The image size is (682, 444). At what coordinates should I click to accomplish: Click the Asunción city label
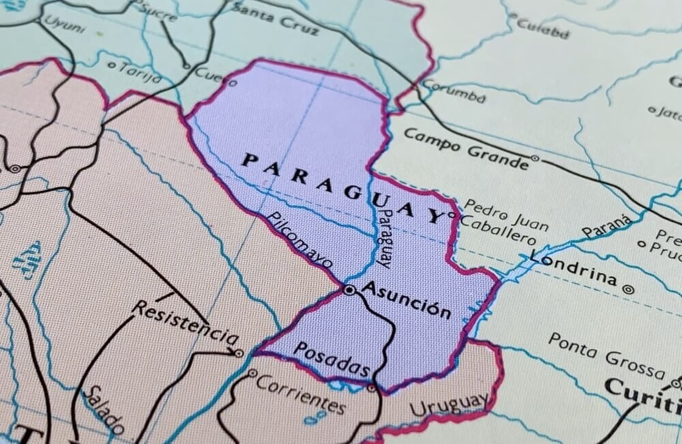(x=406, y=300)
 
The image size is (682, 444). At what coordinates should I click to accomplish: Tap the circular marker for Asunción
(x=349, y=291)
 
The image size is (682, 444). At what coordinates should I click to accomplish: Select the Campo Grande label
(x=466, y=149)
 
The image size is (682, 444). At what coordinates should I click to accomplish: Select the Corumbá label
(x=454, y=91)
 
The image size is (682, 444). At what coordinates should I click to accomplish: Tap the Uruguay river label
(x=449, y=406)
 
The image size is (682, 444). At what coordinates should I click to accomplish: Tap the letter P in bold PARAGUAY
(x=248, y=161)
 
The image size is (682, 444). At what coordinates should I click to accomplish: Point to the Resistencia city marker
(x=239, y=353)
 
